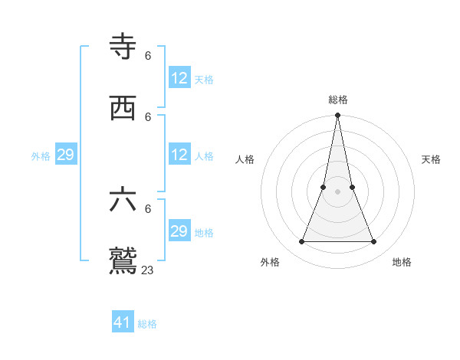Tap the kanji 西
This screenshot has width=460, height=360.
[x=123, y=109]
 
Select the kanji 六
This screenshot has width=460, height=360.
[x=123, y=201]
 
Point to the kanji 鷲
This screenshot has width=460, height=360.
[x=123, y=260]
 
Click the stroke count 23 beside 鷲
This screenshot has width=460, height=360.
[x=148, y=270]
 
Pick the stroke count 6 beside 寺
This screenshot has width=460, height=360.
[x=148, y=55]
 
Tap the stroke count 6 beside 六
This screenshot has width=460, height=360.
[x=148, y=208]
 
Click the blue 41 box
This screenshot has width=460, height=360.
[x=123, y=322]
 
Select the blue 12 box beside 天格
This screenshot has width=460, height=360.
[x=179, y=78]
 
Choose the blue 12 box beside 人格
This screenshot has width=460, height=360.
[x=179, y=155]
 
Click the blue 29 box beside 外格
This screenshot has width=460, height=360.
[x=65, y=155]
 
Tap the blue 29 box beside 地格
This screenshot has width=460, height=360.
[x=179, y=231]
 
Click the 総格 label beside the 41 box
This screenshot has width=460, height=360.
[x=147, y=324]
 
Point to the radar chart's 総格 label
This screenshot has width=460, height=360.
[x=337, y=100]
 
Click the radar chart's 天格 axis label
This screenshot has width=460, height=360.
[x=432, y=159]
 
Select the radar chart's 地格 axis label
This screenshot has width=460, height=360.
[x=402, y=262]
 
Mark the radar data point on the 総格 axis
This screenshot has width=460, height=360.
[x=337, y=116]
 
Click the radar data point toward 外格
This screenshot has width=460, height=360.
[x=301, y=241]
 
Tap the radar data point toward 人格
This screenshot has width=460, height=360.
[x=324, y=187]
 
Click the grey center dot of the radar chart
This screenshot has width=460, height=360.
[x=337, y=191]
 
